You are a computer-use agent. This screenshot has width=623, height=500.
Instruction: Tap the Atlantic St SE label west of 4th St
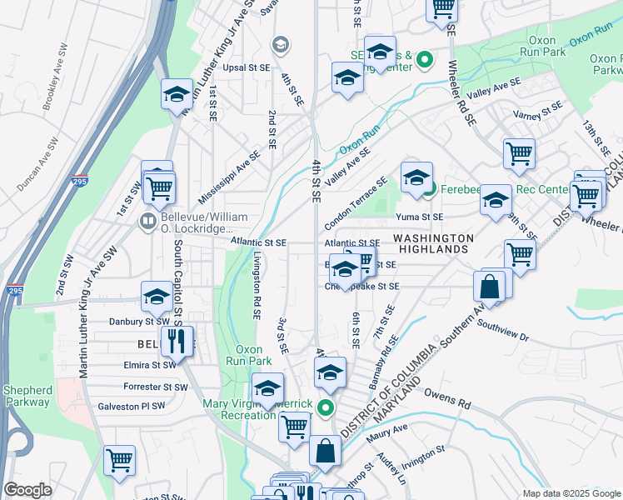[x=259, y=242]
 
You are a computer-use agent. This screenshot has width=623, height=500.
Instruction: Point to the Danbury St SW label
[x=139, y=321]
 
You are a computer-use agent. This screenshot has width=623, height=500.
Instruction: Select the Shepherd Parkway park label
[x=27, y=396]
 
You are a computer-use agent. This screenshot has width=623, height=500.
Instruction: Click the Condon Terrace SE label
[x=356, y=204]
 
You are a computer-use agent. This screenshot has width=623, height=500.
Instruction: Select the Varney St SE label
[x=539, y=112]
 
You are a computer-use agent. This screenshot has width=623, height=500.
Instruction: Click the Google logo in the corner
[x=27, y=490]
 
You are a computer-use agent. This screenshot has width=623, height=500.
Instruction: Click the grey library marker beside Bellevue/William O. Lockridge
[x=148, y=222]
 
